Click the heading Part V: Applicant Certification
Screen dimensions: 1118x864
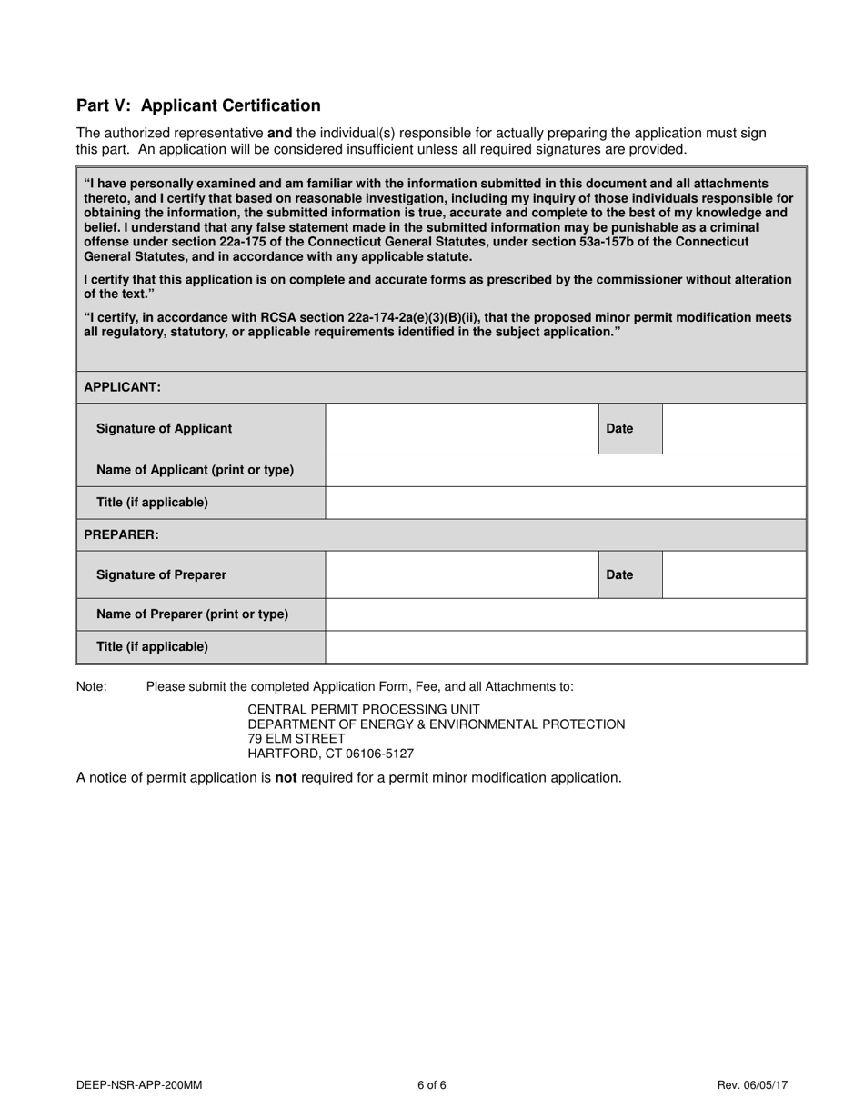pyautogui.click(x=198, y=105)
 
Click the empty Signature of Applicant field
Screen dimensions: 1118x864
pyautogui.click(x=461, y=428)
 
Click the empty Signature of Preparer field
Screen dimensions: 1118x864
pyautogui.click(x=461, y=574)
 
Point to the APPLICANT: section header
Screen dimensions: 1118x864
pyautogui.click(x=123, y=387)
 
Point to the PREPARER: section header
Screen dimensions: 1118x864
pyautogui.click(x=121, y=535)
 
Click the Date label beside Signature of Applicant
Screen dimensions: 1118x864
pyautogui.click(x=619, y=429)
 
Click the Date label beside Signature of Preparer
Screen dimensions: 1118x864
pyautogui.click(x=619, y=575)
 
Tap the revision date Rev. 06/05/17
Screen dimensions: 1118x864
pyautogui.click(x=752, y=1084)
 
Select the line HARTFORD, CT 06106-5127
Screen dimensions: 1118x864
pyautogui.click(x=331, y=754)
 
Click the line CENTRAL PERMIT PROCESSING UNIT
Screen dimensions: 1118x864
pyautogui.click(x=364, y=709)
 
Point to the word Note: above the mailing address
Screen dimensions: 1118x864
pyautogui.click(x=92, y=687)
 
